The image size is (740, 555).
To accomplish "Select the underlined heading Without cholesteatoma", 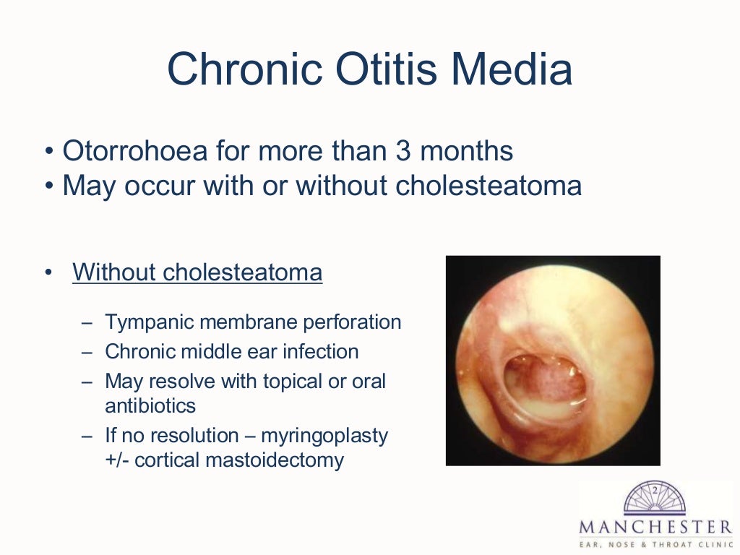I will [x=197, y=273].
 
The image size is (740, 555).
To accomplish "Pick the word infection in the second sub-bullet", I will [x=321, y=352].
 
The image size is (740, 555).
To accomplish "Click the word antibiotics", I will [x=150, y=405].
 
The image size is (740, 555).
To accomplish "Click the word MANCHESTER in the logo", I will [x=654, y=525].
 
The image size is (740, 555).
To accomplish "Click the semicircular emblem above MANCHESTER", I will [x=654, y=498].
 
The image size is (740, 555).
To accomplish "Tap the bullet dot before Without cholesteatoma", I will [x=48, y=273].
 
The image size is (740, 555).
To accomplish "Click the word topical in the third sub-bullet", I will [x=281, y=382].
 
